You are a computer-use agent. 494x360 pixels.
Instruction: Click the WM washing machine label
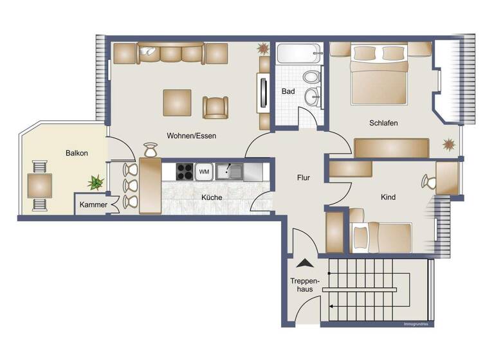point(204,172)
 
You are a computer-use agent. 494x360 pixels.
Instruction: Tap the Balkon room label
point(77,153)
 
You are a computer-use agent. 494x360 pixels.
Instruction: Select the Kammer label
point(93,204)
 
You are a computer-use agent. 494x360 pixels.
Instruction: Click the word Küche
point(212,197)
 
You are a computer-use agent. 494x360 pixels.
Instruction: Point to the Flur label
point(304,177)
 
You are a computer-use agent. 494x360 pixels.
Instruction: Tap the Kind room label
point(388,197)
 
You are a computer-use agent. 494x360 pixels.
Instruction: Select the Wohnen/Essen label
point(192,136)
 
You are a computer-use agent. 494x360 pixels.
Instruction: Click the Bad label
point(288,91)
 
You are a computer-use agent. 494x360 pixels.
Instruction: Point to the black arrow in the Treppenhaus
point(303,262)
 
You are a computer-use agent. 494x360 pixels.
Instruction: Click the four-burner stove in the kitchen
point(185,172)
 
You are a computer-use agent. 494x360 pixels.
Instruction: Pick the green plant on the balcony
point(96,183)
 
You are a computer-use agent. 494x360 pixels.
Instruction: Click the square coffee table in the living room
point(177,102)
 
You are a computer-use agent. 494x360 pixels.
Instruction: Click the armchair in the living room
point(215,107)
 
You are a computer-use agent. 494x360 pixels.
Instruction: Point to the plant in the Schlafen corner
point(448,143)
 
